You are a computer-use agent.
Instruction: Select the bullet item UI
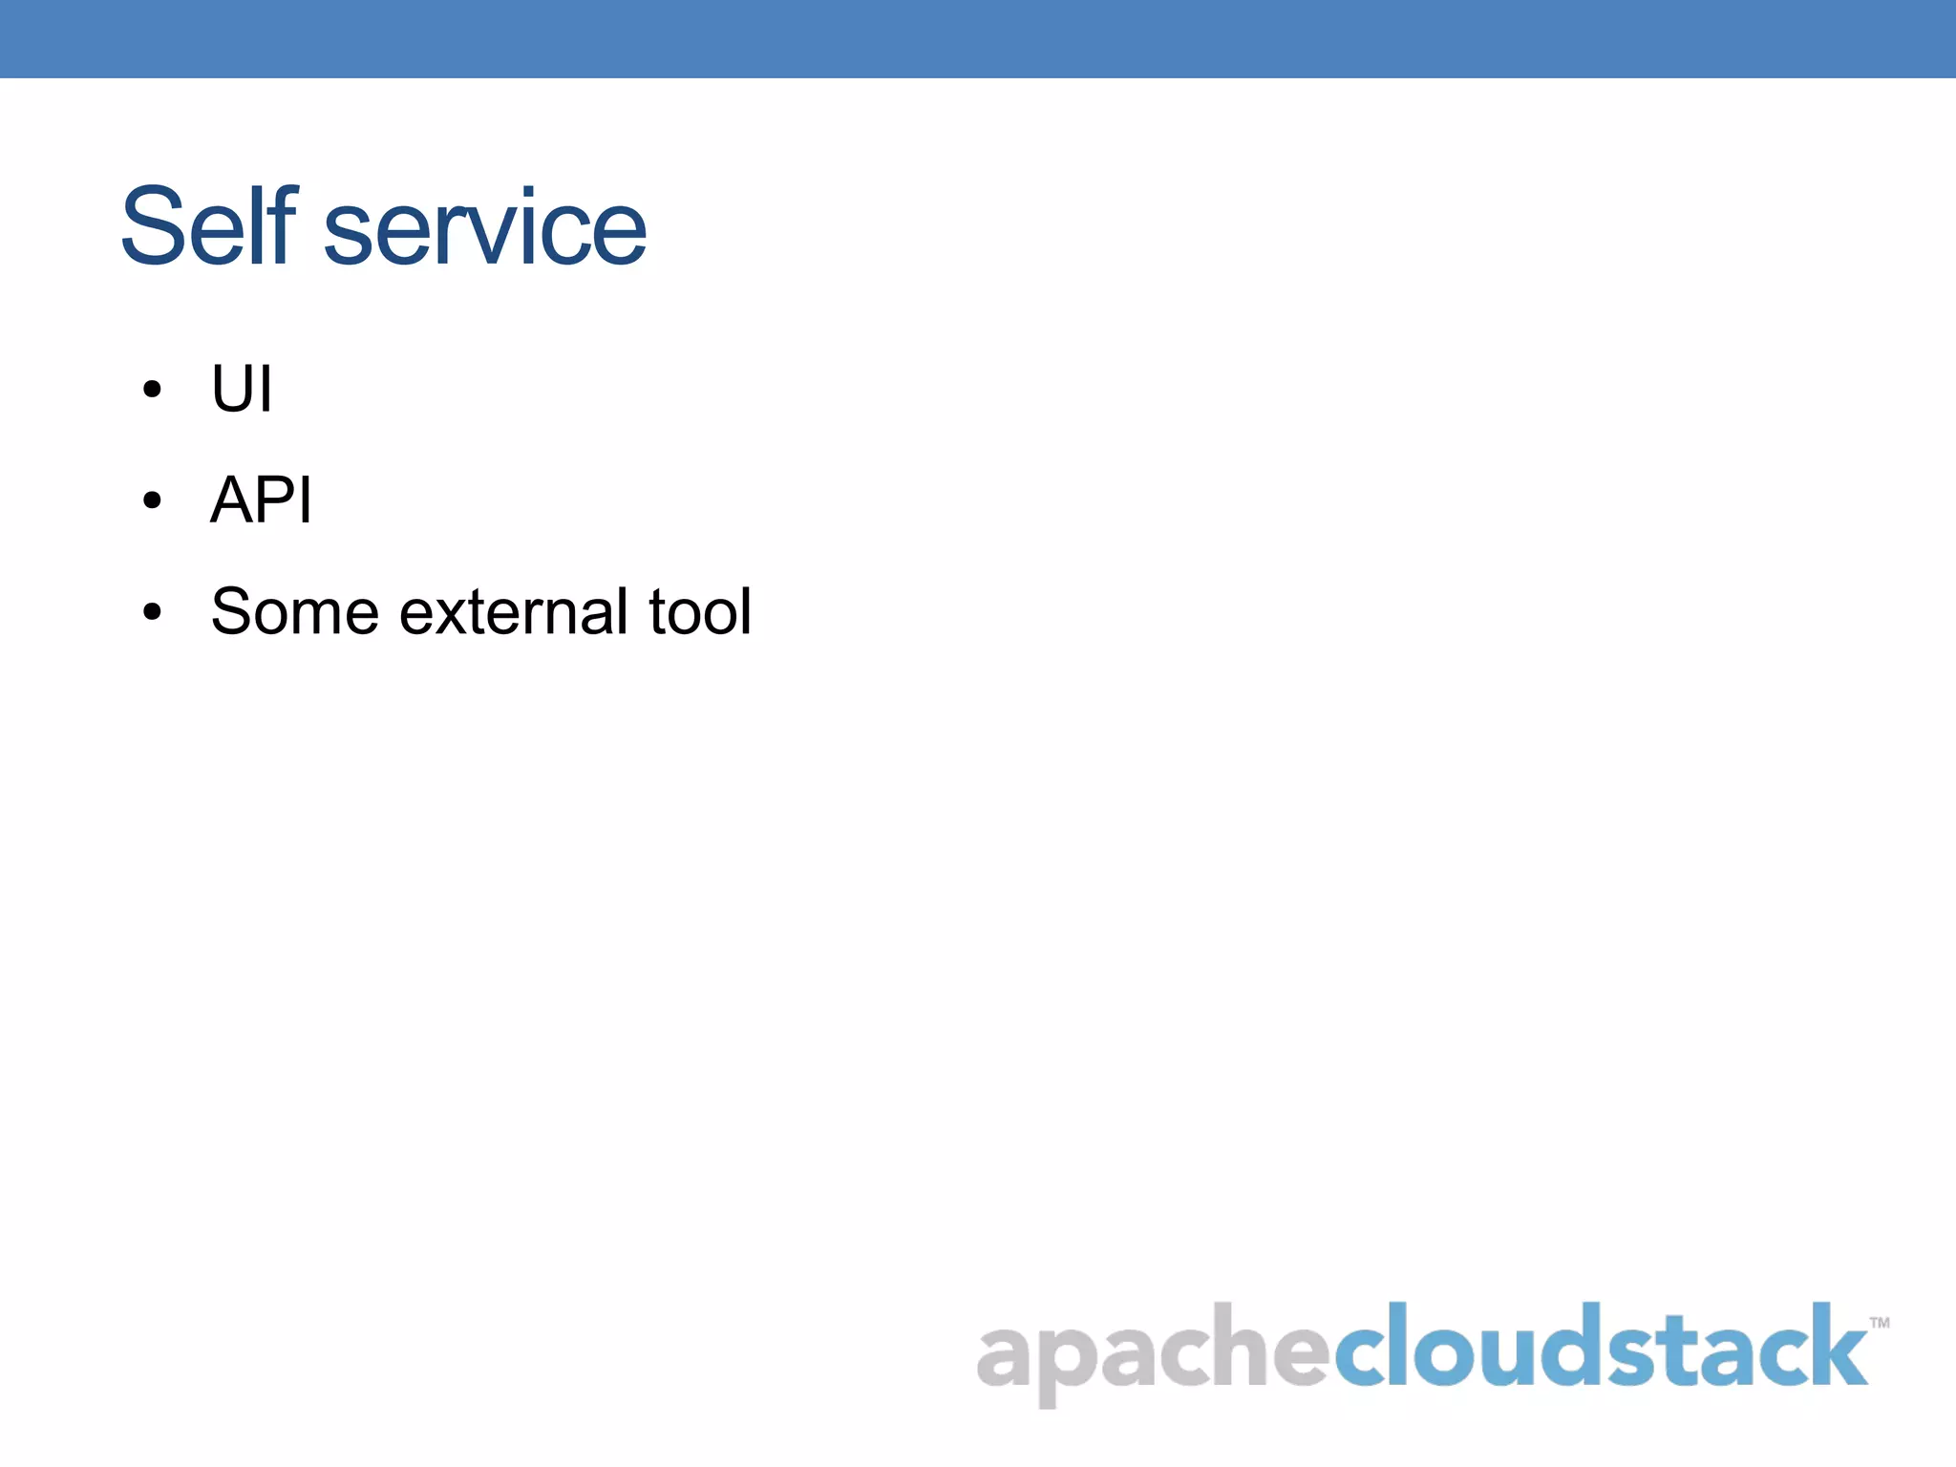pyautogui.click(x=242, y=390)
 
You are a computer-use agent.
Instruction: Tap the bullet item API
pyautogui.click(x=261, y=500)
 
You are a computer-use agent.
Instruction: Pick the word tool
pyautogui.click(x=700, y=611)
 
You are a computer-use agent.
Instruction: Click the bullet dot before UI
pyautogui.click(x=152, y=390)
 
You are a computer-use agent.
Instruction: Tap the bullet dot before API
pyautogui.click(x=152, y=500)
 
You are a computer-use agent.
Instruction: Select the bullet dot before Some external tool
pyautogui.click(x=152, y=612)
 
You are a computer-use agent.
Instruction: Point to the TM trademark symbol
pyautogui.click(x=1879, y=1323)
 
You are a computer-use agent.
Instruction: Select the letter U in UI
pyautogui.click(x=232, y=390)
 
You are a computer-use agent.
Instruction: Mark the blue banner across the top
pyautogui.click(x=978, y=38)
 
